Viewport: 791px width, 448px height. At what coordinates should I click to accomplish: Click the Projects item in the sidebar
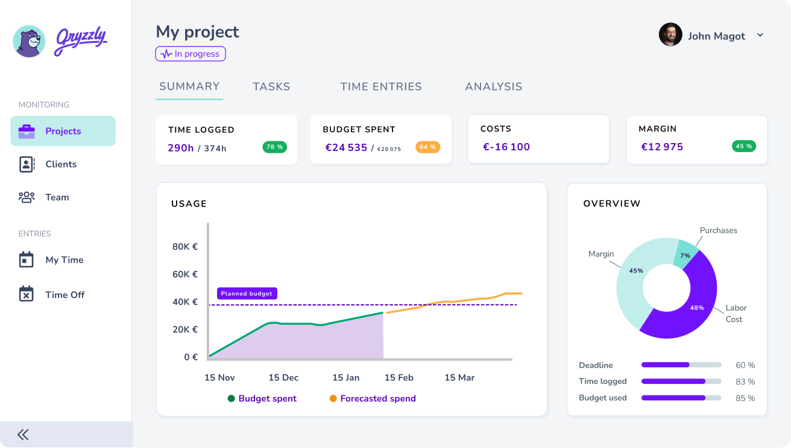tap(63, 131)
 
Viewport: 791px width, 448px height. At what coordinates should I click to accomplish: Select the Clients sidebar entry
tap(60, 164)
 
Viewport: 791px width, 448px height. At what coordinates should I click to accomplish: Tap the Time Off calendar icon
tap(26, 294)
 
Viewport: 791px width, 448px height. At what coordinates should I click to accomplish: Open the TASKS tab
tap(271, 86)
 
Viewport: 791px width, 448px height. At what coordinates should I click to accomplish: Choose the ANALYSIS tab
tap(493, 86)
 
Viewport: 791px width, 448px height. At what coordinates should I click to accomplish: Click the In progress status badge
tap(191, 54)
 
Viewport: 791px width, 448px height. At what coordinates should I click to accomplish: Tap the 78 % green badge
tap(275, 147)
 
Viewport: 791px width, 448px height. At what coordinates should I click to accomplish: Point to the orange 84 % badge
tap(427, 147)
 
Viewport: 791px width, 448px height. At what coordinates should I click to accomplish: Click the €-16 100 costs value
tap(506, 147)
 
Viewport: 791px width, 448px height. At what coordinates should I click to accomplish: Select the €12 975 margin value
tap(662, 147)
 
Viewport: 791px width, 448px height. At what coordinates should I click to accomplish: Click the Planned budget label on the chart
tap(247, 293)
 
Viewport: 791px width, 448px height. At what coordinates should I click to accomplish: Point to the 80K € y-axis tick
tap(185, 246)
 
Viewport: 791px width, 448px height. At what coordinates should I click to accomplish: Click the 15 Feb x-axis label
tap(399, 377)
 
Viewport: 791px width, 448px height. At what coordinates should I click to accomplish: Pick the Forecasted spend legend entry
tap(377, 398)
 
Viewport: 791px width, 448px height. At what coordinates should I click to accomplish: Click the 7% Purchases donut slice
tap(685, 253)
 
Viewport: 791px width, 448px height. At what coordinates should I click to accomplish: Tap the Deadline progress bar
tap(681, 365)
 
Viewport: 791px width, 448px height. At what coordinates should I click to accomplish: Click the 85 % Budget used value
tap(745, 398)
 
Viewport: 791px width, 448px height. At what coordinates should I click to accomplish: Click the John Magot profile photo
tap(670, 35)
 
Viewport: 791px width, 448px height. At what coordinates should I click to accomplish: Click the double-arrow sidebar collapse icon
tap(23, 434)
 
